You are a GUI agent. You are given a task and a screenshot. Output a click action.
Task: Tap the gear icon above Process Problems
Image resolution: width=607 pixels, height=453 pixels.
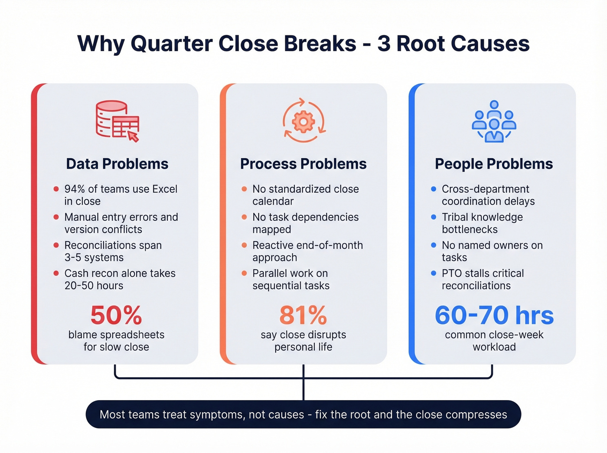[x=303, y=121]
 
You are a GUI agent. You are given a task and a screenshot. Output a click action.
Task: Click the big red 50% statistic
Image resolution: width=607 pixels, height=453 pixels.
[x=116, y=315]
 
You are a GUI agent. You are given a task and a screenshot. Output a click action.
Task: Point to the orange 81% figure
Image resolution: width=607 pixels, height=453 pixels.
[x=303, y=315]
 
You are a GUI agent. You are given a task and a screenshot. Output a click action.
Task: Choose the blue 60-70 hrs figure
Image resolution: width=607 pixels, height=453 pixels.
[x=494, y=315]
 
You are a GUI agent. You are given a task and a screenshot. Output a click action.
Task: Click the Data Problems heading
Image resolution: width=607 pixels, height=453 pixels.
[x=117, y=164]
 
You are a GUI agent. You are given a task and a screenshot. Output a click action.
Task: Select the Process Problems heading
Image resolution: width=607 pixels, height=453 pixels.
[x=303, y=164]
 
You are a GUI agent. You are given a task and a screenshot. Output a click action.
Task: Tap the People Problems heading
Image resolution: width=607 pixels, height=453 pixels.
[x=494, y=164]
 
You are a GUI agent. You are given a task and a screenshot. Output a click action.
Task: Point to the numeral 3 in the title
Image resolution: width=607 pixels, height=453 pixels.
[x=383, y=44]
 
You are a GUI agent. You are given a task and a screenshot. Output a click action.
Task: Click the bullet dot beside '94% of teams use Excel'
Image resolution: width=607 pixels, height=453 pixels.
[x=56, y=189]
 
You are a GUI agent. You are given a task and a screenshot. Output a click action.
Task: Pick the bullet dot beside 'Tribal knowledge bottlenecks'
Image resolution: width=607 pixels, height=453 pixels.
[x=434, y=217]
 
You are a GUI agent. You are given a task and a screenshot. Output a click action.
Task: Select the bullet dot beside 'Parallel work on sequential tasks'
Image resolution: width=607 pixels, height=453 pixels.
[x=244, y=274]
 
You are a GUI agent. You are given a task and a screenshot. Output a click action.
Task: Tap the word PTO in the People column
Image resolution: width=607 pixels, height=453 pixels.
[x=452, y=274]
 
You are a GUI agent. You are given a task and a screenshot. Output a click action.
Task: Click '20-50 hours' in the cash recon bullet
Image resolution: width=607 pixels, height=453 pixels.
[x=94, y=286]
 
